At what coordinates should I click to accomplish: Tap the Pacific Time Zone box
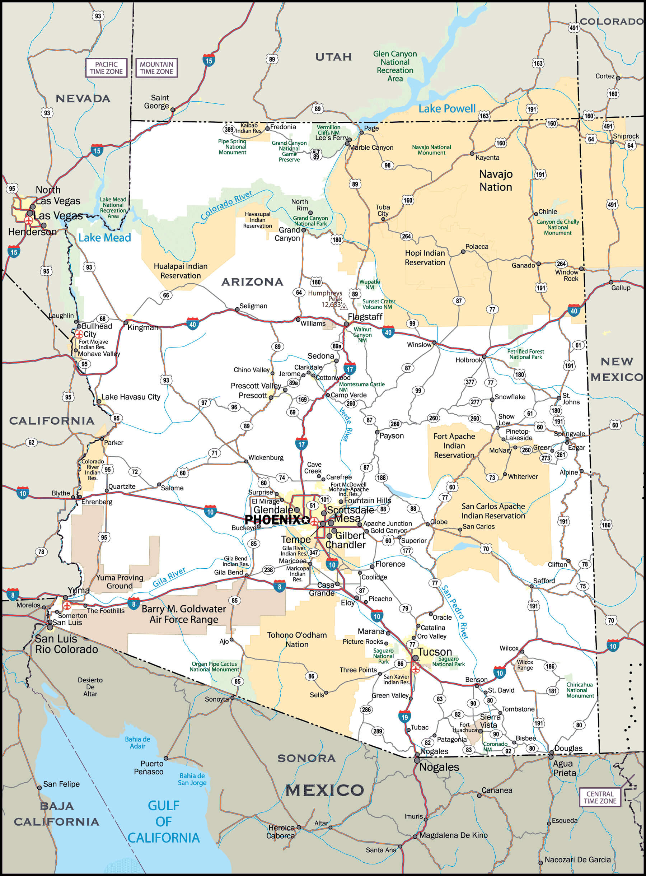(x=106, y=67)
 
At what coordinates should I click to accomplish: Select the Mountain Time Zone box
(x=156, y=67)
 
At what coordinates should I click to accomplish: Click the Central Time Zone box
(x=600, y=797)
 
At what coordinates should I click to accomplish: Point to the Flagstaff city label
(x=365, y=317)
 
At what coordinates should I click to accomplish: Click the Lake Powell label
(x=447, y=109)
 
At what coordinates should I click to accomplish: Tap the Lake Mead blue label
(x=104, y=238)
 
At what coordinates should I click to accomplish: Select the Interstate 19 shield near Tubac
(x=404, y=717)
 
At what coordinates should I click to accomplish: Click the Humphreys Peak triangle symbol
(x=344, y=307)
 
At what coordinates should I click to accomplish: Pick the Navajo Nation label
(x=496, y=180)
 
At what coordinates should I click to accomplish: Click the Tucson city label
(x=435, y=652)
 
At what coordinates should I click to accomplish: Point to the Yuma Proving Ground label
(x=120, y=582)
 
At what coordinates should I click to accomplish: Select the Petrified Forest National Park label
(x=525, y=354)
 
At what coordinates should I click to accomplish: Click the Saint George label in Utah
(x=156, y=102)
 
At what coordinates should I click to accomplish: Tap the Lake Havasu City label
(x=131, y=397)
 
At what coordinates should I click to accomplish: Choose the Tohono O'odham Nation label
(x=297, y=639)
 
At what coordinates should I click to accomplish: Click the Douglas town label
(x=568, y=748)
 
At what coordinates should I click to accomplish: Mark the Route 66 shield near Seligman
(x=166, y=295)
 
